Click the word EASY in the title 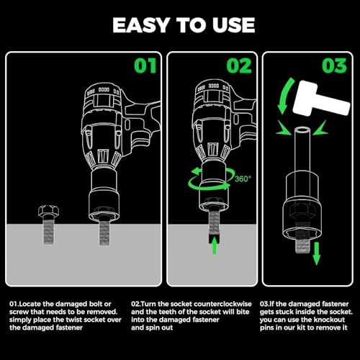(x=141, y=25)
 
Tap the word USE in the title (x=233, y=25)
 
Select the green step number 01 (x=145, y=66)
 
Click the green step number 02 (x=239, y=66)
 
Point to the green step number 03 (x=334, y=66)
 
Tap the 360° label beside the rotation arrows (x=243, y=179)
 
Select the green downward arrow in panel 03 (x=317, y=253)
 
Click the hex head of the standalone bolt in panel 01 (x=49, y=211)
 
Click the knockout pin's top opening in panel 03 (x=302, y=131)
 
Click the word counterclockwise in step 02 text (x=222, y=304)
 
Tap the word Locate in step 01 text (x=30, y=304)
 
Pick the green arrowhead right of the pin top (x=320, y=128)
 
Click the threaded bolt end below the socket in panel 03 (x=302, y=244)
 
